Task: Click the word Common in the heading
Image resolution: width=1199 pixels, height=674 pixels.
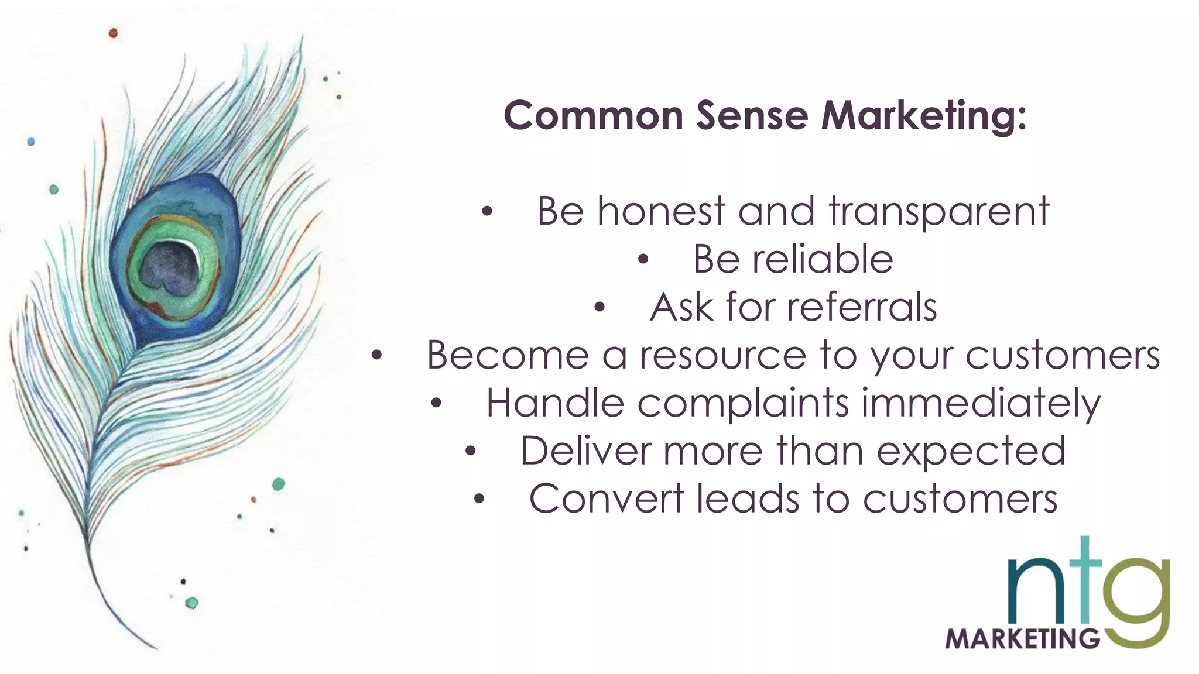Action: click(593, 115)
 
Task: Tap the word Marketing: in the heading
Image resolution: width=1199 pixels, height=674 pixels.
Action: click(923, 115)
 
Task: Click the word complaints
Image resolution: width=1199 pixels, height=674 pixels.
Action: click(743, 403)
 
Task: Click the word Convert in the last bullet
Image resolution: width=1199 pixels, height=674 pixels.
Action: click(607, 499)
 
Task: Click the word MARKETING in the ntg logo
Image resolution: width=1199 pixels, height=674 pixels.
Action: click(1022, 638)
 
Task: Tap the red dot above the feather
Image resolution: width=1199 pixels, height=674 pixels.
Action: click(114, 33)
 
